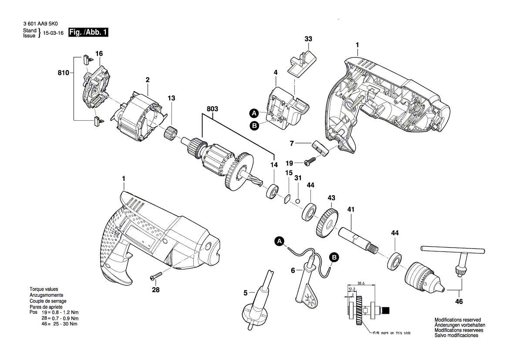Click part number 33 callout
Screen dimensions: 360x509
[x=308, y=39]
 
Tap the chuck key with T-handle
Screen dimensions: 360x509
[x=453, y=255]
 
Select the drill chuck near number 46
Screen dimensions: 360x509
[x=422, y=277]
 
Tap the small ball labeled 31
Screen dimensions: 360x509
[x=297, y=200]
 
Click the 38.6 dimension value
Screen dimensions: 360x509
[x=361, y=282]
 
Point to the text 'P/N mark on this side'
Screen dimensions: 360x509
[x=391, y=333]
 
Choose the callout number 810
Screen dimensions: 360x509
[x=63, y=73]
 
